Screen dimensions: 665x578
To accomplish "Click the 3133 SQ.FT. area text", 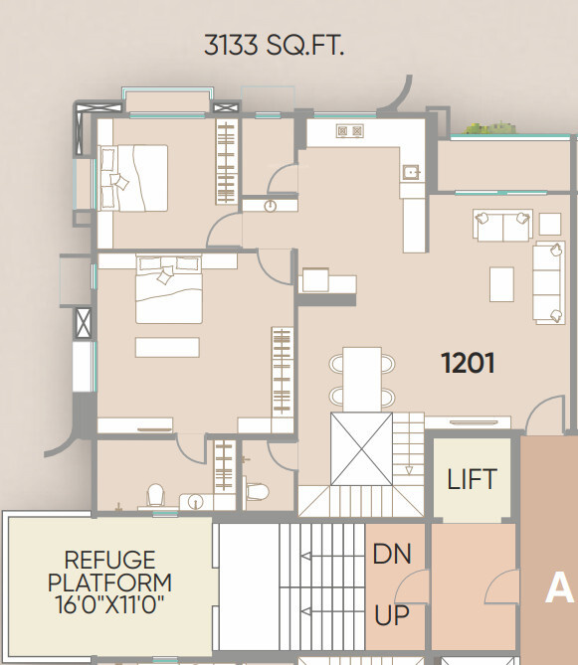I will pos(274,46).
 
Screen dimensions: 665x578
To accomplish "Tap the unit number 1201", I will pos(468,363).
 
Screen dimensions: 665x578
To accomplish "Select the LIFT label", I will pos(472,480).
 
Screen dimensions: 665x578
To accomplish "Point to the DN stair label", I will pos(392,555).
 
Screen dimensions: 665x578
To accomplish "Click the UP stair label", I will pos(392,616).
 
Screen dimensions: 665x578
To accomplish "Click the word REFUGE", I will pos(109,560).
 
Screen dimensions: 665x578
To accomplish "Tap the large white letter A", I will pos(559,589).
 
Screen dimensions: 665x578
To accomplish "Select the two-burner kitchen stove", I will pos(349,130).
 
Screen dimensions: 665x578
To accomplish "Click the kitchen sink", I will pos(410,172).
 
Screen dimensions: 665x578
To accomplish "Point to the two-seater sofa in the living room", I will pos(502,226).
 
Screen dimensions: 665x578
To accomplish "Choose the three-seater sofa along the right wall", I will pos(548,282).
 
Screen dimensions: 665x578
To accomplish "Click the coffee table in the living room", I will pos(501,283).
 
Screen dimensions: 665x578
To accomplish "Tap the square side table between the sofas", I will pos(549,222).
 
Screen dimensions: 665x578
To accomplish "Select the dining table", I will pos(362,378).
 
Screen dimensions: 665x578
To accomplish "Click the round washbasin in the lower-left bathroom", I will pos(195,502).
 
